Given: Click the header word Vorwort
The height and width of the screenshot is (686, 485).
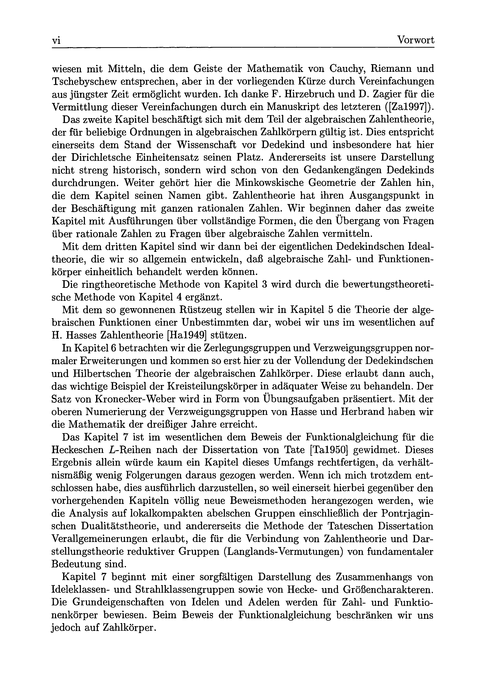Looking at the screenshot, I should pos(416,40).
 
